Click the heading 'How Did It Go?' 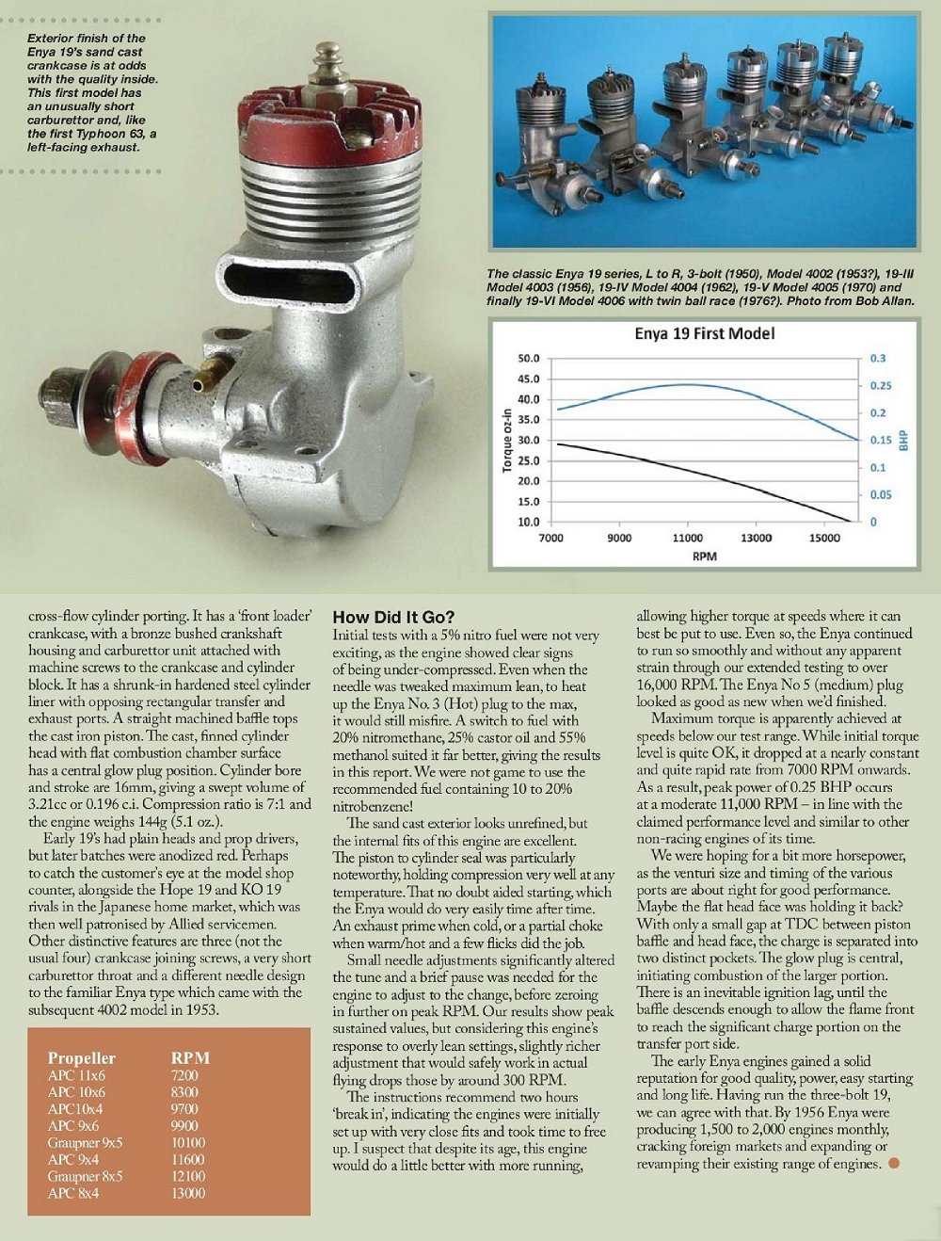(x=393, y=618)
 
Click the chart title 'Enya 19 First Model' (x=705, y=334)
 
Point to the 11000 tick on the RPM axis (x=687, y=538)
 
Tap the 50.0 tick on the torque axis (x=529, y=359)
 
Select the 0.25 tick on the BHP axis (x=880, y=386)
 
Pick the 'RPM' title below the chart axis (x=704, y=556)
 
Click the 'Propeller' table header (x=82, y=1058)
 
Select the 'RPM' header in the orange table (x=190, y=1058)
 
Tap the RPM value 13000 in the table (x=187, y=1194)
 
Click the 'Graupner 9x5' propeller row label (x=86, y=1143)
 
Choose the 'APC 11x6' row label (x=77, y=1075)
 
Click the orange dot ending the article (x=894, y=1164)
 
